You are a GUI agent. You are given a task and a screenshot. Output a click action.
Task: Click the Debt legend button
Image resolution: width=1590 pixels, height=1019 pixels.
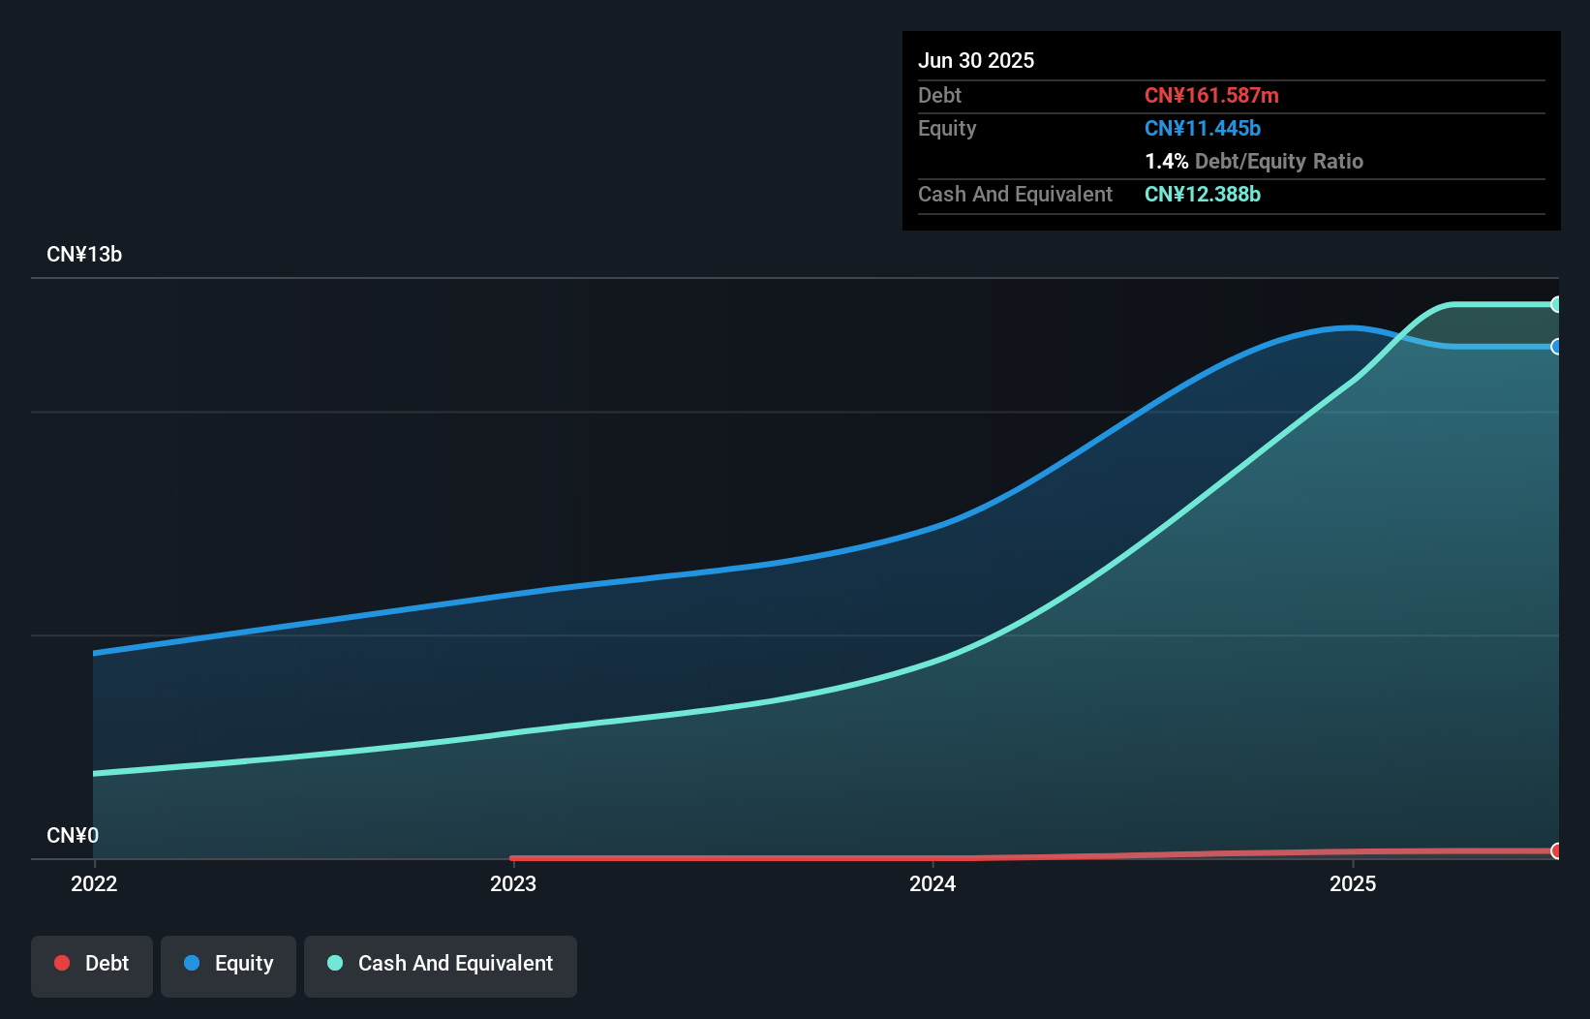92,965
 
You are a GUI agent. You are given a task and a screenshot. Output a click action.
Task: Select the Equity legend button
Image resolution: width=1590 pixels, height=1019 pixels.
229,965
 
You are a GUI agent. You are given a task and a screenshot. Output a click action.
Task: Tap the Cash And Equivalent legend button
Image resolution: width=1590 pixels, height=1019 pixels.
441,965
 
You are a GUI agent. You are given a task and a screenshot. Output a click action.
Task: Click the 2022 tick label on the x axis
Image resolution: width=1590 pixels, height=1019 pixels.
94,883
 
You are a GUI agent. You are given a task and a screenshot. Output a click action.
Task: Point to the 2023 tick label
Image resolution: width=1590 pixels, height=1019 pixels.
513,883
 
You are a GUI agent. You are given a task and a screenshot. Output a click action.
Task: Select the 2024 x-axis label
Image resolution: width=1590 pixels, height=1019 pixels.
933,883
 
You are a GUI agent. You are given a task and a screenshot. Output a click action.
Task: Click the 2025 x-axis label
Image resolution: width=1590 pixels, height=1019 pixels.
1353,883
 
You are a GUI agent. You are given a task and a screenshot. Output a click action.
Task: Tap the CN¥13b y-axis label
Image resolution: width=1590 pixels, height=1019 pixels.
84,255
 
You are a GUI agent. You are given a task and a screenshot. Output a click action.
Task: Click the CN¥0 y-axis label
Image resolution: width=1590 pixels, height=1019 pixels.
73,835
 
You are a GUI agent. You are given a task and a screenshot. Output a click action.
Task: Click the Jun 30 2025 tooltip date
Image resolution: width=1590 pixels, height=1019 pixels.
976,61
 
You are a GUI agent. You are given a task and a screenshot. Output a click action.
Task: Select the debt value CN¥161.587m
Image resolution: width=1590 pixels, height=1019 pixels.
1211,96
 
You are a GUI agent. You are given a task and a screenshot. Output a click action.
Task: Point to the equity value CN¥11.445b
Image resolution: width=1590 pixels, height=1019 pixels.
1203,129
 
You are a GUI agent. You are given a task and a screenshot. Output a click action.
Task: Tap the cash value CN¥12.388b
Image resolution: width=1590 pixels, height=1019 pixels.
1203,195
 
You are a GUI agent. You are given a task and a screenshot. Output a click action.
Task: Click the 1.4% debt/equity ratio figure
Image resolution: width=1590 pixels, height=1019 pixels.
1166,162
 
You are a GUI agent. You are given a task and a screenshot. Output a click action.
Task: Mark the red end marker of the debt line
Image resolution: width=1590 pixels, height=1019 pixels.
1556,850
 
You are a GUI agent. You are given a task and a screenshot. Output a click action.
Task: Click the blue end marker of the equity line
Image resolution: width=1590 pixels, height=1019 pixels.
1556,347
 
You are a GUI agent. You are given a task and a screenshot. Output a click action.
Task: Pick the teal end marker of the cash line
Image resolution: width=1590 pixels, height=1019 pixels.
1556,304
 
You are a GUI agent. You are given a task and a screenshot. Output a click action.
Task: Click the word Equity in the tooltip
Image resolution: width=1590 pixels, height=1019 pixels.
947,129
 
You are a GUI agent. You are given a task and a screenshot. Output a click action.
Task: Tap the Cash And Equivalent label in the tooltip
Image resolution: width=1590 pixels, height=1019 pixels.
1015,195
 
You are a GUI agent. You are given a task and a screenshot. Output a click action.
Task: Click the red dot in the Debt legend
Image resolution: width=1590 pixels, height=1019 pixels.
62,963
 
